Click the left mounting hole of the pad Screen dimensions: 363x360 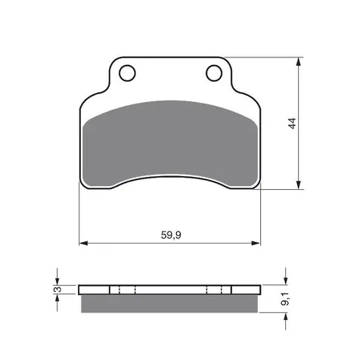coord(127,73)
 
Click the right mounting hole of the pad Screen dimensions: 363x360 coord(214,73)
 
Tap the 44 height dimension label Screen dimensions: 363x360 coord(293,123)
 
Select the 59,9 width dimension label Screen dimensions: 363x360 coord(171,235)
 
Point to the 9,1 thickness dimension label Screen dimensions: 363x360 coord(285,299)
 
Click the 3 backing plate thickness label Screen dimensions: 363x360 coord(57,289)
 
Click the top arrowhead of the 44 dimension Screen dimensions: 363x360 coord(299,62)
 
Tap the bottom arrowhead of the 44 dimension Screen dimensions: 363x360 coord(299,185)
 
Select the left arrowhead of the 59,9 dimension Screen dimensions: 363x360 coord(83,244)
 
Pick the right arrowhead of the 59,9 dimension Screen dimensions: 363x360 coord(256,244)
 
